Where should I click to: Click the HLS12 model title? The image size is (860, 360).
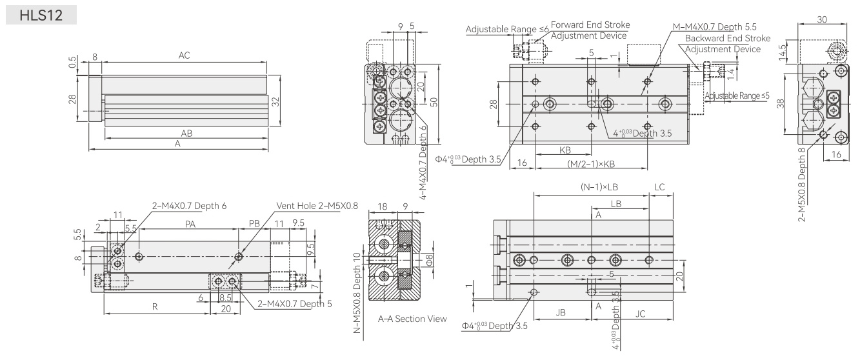click(41, 15)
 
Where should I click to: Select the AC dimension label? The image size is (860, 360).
click(185, 55)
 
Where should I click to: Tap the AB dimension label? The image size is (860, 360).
click(186, 133)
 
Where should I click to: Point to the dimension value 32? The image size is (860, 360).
click(275, 102)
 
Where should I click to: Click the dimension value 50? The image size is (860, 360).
click(434, 102)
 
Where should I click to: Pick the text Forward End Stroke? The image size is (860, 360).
click(590, 25)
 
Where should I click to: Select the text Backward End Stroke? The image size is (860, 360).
click(728, 38)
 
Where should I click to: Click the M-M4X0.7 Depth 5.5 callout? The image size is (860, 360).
click(714, 27)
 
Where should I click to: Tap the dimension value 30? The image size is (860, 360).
click(822, 19)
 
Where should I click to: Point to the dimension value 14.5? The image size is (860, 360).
click(782, 52)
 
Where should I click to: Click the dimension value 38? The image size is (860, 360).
click(780, 104)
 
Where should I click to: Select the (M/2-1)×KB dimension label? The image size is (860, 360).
click(591, 164)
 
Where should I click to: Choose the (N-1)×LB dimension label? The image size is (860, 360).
click(599, 187)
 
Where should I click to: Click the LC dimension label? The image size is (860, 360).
click(659, 187)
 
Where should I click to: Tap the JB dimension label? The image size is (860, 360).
click(561, 312)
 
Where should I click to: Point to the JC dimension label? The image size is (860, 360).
click(641, 314)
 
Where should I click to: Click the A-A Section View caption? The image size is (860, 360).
click(412, 319)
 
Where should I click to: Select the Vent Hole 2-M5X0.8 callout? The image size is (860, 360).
click(317, 206)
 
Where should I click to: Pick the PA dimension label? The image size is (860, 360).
click(190, 224)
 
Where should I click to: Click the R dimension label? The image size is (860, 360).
click(155, 306)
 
